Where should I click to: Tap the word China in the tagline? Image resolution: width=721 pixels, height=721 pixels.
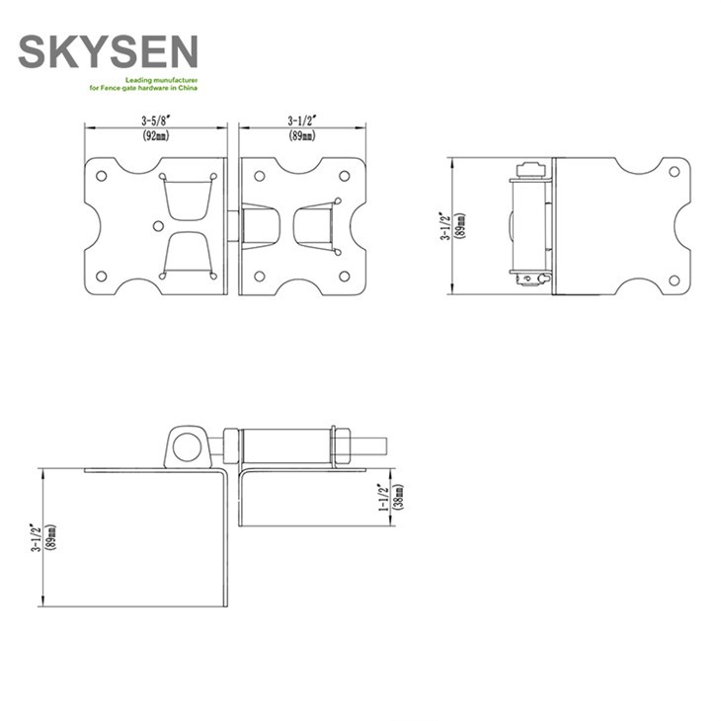[188, 89]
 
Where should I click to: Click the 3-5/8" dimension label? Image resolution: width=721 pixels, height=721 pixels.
[155, 121]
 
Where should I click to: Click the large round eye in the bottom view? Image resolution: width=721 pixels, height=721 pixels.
[184, 445]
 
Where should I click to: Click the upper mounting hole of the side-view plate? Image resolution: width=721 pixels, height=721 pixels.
[675, 171]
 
